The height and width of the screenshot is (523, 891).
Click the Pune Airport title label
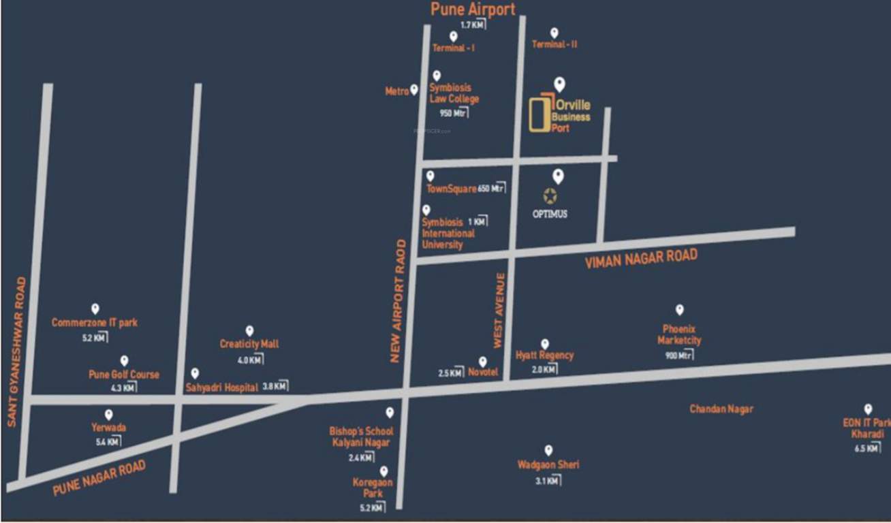473,10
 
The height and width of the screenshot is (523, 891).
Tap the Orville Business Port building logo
540,112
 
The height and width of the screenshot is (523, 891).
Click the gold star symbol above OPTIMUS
550,196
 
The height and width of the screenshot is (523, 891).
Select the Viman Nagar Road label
641,258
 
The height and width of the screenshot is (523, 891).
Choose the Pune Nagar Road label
99,478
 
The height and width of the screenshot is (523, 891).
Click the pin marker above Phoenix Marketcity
679,310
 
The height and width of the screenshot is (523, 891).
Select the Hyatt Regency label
544,355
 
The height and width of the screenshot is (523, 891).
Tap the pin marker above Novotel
483,362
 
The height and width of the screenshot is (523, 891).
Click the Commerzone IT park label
95,323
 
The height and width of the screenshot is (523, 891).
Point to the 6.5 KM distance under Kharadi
866,449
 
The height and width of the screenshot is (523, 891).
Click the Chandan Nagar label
721,409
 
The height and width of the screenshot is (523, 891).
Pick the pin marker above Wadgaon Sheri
548,450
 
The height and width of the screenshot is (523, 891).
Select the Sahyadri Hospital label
221,387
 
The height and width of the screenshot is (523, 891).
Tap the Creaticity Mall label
249,345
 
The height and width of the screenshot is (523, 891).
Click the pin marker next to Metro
413,90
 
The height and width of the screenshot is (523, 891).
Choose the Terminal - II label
554,44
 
